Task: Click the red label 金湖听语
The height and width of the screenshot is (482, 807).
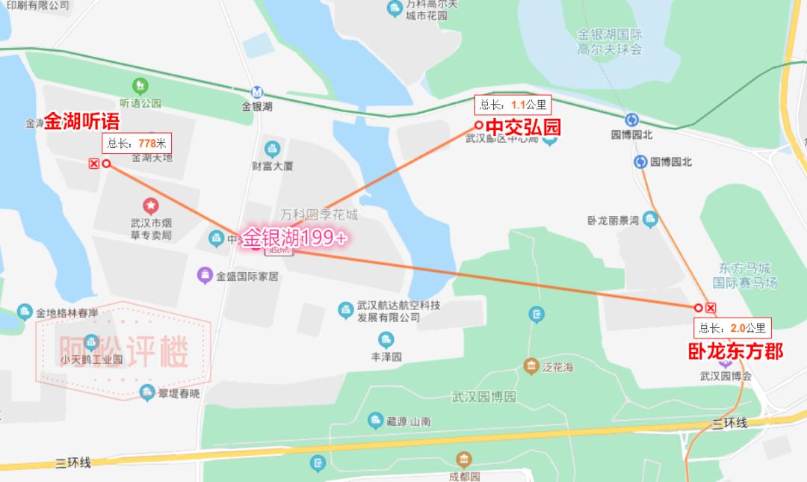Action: [82, 122]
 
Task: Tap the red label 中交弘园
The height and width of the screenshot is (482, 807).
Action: [523, 127]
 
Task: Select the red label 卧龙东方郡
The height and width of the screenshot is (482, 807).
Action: [735, 350]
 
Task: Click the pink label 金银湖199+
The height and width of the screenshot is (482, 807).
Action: [295, 237]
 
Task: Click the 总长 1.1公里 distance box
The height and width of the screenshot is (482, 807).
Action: [513, 105]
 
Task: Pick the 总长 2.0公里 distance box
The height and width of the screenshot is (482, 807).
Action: [732, 327]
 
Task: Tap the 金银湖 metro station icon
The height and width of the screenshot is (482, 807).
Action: [257, 93]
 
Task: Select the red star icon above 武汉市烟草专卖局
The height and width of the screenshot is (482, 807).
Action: [151, 204]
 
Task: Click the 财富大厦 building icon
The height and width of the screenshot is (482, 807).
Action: [271, 148]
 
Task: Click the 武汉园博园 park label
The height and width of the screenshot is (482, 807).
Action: [483, 397]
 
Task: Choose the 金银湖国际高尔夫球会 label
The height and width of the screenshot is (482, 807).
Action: [610, 42]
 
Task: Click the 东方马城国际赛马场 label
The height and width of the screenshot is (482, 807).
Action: [744, 275]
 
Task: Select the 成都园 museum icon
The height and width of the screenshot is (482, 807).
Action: [464, 460]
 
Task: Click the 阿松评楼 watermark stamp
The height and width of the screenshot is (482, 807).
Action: [124, 350]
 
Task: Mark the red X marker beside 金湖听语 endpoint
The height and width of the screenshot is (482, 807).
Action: [93, 164]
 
